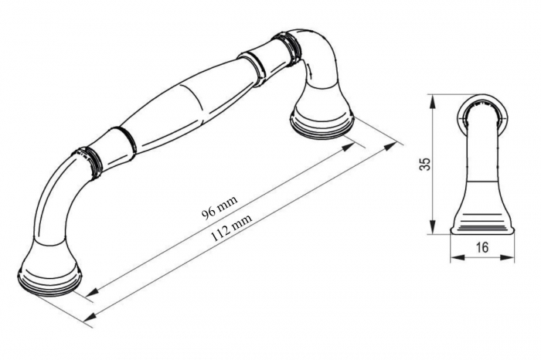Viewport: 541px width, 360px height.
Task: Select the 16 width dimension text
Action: point(482,247)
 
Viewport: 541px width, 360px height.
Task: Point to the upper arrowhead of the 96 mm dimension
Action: point(349,147)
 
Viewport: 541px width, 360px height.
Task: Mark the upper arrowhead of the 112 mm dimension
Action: point(390,146)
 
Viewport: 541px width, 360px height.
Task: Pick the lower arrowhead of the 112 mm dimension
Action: point(90,315)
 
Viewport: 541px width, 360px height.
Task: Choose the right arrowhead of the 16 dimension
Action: point(507,257)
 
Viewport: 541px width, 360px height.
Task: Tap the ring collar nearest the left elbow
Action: point(89,161)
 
